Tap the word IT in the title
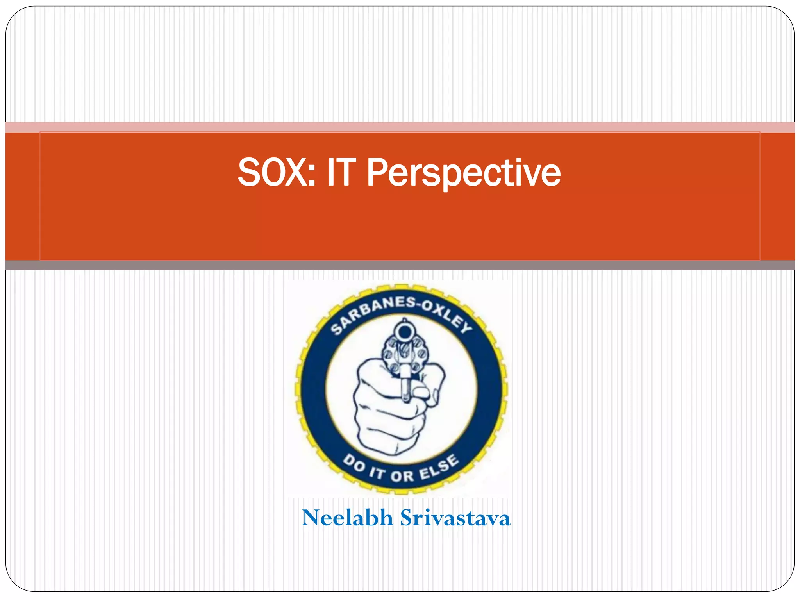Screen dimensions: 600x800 [341, 172]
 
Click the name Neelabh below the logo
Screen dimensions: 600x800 [347, 518]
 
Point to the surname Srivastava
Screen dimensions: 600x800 [455, 518]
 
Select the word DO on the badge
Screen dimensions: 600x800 [354, 464]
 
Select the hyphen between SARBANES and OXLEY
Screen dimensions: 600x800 [418, 304]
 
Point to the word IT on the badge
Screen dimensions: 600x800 [377, 473]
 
